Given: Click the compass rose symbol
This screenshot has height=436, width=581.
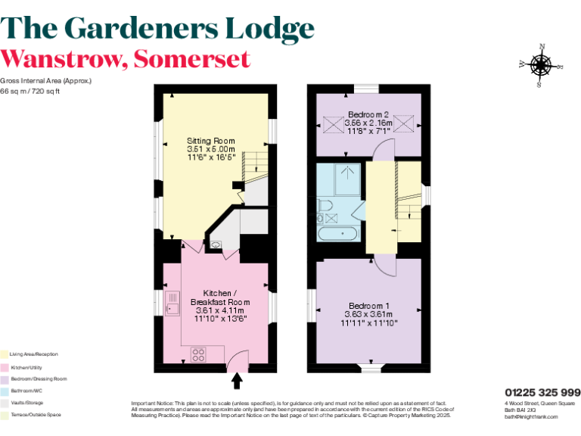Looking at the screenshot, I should tap(541, 66).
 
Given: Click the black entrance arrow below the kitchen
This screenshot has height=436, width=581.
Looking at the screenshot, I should tap(237, 381).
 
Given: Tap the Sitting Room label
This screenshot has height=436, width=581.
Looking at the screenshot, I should tap(211, 141).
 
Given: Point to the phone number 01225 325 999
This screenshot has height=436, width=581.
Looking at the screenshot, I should tap(542, 392).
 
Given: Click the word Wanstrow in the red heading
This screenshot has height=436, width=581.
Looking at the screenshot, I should tap(63, 59).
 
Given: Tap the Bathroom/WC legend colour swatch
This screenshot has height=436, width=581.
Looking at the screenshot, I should tap(4, 391).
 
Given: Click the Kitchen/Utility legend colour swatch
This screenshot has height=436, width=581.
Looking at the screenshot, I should tap(4, 366).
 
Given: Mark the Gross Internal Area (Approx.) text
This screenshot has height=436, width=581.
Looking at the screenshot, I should tap(45, 81).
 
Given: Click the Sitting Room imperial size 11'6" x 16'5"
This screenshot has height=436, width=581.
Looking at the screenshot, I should tap(211, 158).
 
